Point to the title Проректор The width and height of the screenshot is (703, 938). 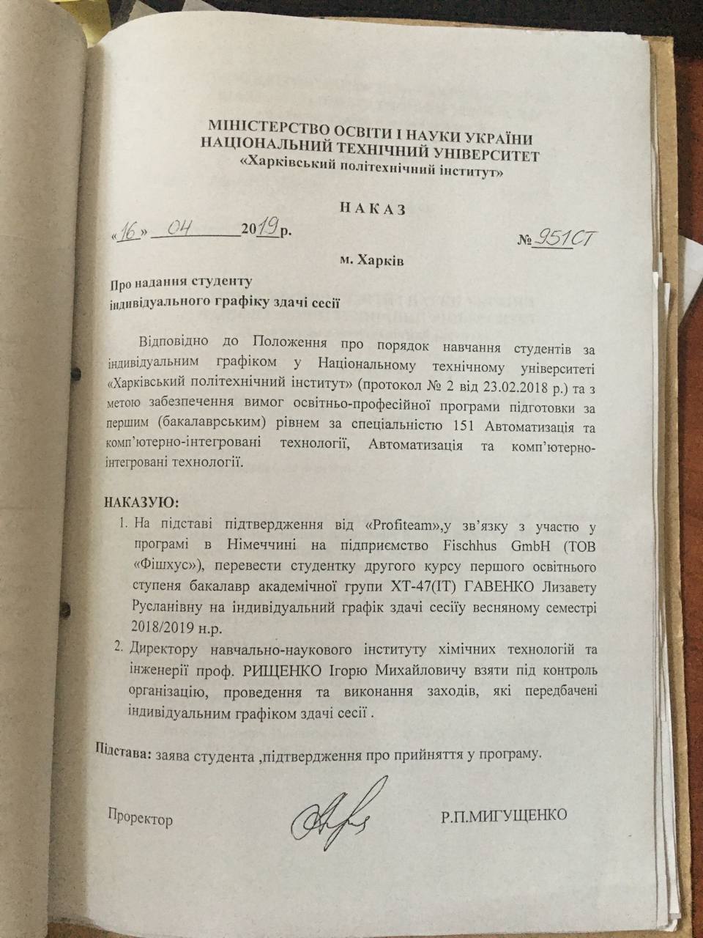(x=141, y=819)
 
